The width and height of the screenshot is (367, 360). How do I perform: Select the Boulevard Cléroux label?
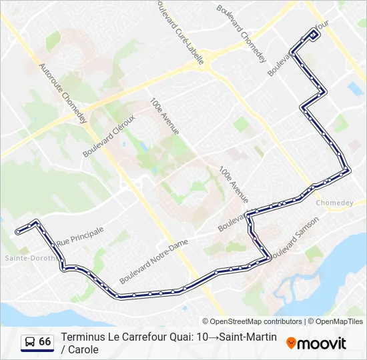click(x=109, y=136)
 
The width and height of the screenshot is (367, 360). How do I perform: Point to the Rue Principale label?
click(x=80, y=236)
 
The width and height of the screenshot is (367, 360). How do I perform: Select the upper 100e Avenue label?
click(x=164, y=117)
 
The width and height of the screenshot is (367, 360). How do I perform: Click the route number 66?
click(x=45, y=342)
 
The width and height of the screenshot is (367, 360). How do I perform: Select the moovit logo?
click(x=316, y=343)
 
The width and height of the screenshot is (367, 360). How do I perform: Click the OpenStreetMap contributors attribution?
click(x=252, y=321)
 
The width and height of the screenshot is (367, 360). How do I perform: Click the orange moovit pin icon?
click(x=291, y=343)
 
